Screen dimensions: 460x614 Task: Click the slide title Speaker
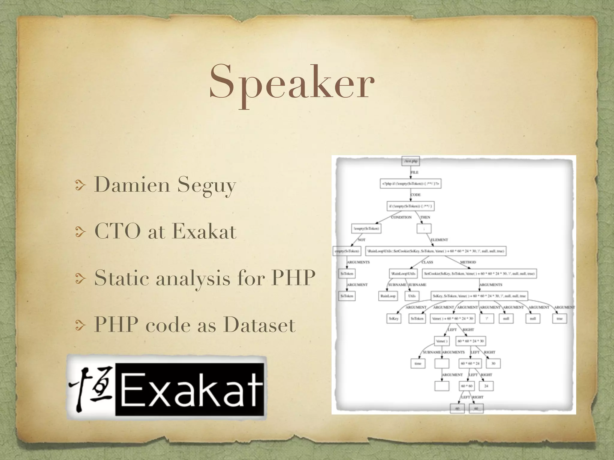[x=292, y=82]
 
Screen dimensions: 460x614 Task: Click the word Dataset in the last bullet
[x=259, y=325]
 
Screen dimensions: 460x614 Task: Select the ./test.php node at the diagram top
[x=410, y=161]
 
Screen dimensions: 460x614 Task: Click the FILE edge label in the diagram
[x=414, y=172]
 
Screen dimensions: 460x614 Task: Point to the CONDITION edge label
[x=401, y=217]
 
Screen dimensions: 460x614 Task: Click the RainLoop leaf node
[x=388, y=296]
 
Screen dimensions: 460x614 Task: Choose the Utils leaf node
[x=412, y=296]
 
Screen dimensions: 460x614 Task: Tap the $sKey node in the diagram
[x=394, y=319]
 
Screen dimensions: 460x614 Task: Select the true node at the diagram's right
[x=559, y=319]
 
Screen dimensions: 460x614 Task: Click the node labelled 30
[x=493, y=363]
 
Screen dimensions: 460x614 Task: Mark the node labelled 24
[x=486, y=386]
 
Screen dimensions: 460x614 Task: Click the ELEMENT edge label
[x=439, y=240]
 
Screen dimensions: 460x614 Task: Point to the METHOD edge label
[x=468, y=262]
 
